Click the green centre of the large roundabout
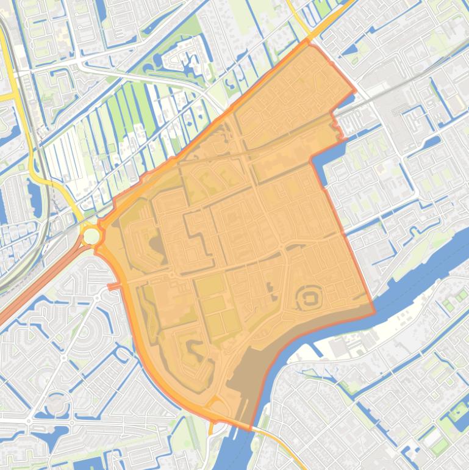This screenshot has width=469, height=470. coord(91,236)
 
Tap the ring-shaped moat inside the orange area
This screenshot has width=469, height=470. coord(309,299)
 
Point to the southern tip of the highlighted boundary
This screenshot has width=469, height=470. coord(249,430)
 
